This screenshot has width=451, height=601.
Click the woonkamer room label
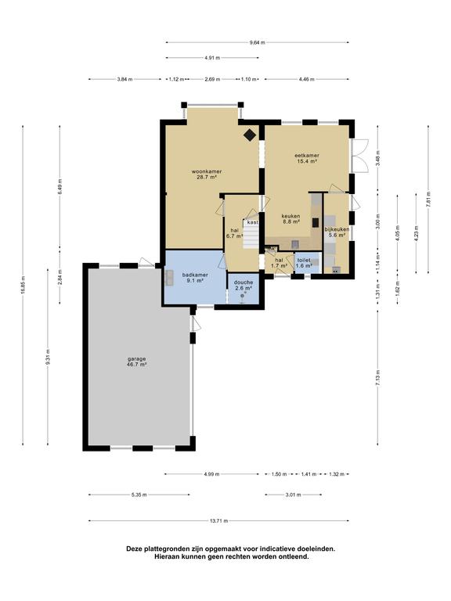click(x=207, y=171)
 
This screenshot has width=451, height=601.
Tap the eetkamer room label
click(x=307, y=156)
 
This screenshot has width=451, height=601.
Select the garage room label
click(x=137, y=359)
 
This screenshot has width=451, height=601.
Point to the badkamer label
click(x=195, y=275)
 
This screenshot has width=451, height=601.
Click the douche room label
click(x=244, y=283)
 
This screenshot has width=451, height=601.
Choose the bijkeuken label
click(x=337, y=229)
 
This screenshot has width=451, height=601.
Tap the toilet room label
click(x=304, y=260)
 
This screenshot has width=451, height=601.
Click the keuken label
click(x=290, y=216)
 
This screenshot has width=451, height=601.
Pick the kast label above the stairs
click(x=252, y=222)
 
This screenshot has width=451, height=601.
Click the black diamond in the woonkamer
click(x=250, y=135)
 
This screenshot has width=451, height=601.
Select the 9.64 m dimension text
click(x=257, y=42)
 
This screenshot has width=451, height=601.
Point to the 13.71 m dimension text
click(x=219, y=521)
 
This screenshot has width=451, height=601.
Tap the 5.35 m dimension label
click(x=139, y=495)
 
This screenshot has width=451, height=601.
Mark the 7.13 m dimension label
click(x=377, y=379)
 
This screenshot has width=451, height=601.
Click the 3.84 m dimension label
click(x=124, y=79)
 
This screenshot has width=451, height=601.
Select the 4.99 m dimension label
click(x=211, y=474)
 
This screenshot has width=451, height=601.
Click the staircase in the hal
click(x=251, y=234)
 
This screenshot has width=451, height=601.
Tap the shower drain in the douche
click(x=243, y=296)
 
